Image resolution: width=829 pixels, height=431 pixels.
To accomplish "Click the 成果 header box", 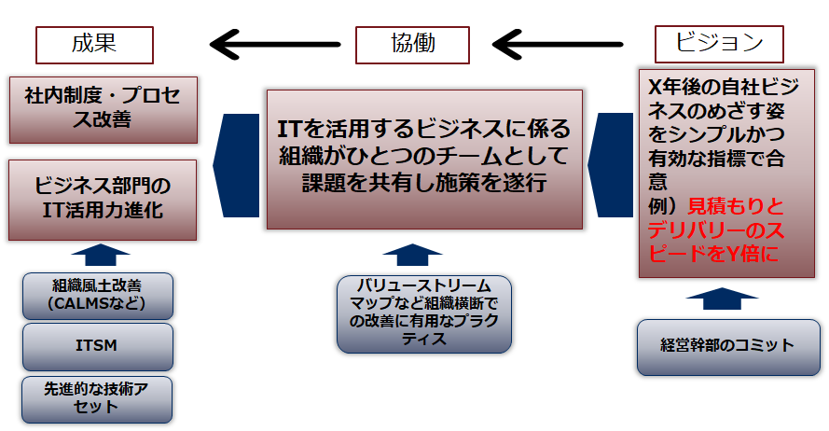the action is point(94,46).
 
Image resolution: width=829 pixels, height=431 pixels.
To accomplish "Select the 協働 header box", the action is point(412,46).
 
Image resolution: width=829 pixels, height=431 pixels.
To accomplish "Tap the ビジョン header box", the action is point(719,45).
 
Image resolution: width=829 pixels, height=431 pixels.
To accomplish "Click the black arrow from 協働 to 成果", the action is point(275,45).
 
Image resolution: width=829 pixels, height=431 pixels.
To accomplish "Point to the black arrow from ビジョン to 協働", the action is point(558,45).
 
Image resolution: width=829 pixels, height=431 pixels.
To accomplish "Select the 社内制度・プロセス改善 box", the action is point(104,110).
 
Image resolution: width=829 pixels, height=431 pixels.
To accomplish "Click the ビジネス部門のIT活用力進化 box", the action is point(103,200).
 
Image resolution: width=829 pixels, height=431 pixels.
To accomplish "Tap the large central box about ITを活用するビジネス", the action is point(424,160).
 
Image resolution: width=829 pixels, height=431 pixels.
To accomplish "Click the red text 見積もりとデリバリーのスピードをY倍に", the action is point(716,230).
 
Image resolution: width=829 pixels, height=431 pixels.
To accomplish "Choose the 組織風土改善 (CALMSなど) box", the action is point(98,296).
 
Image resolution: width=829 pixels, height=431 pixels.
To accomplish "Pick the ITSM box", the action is point(98,347).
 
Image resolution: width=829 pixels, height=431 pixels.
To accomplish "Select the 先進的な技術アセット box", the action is point(97,399).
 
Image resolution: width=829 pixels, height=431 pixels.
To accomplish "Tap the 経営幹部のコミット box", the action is point(728,347).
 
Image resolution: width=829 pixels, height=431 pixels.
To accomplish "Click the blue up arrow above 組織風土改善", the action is point(101,255).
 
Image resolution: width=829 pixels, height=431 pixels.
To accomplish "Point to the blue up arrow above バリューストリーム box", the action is point(412,255).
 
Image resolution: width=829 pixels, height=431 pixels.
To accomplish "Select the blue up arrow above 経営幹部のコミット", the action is point(722,299).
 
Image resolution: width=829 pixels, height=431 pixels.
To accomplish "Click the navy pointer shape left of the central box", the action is point(236,165).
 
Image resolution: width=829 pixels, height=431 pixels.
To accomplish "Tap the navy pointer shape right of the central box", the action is point(610,165).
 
